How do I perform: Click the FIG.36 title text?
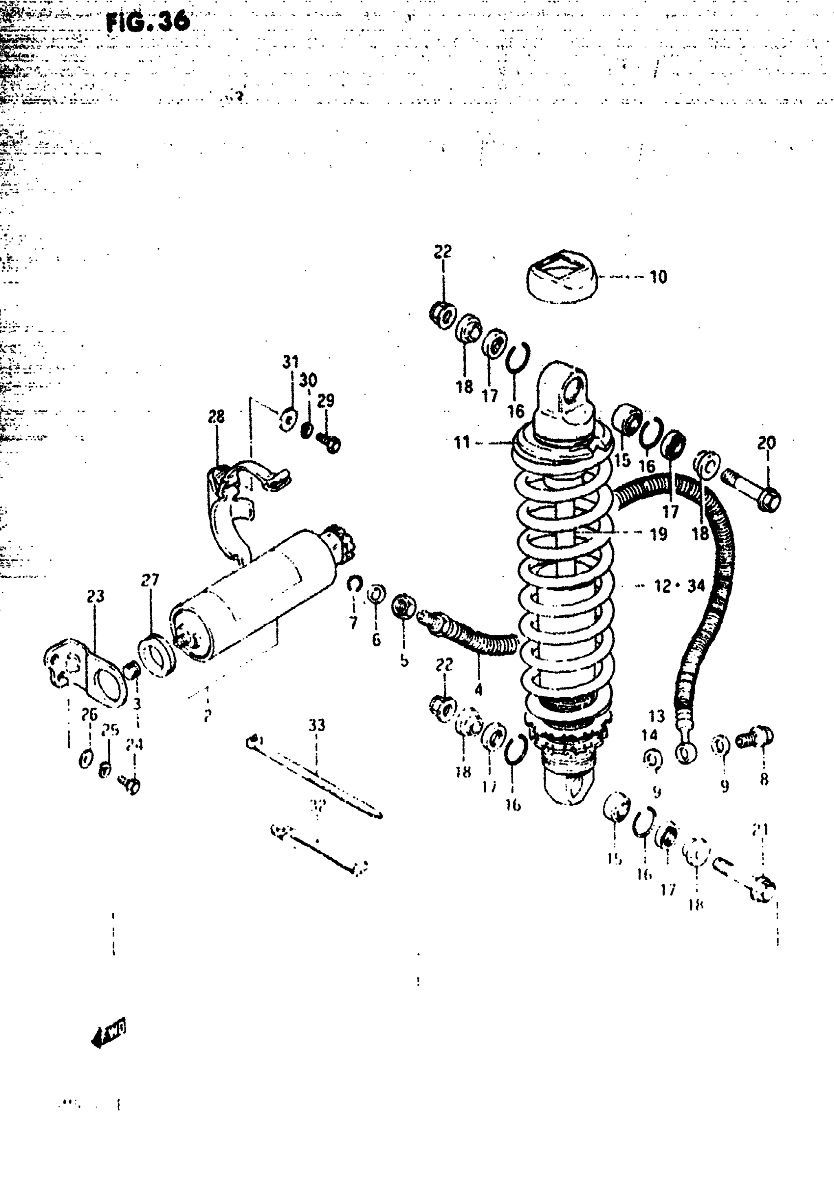coord(148,22)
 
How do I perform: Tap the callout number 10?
coord(658,277)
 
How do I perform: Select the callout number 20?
coord(766,442)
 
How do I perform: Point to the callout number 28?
coord(217,417)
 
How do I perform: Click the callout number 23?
coord(96,596)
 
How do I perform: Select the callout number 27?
coord(150,580)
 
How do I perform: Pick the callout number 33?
coord(316,725)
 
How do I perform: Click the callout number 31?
coord(290,362)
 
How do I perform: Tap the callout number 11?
coord(462,442)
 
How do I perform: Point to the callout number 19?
coord(658,534)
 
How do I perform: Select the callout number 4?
coord(478,689)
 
